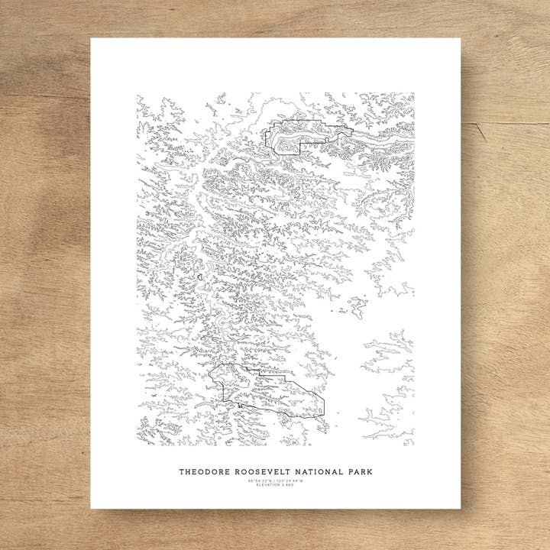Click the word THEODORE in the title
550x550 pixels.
click(x=201, y=472)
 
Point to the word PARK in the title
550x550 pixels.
click(x=358, y=472)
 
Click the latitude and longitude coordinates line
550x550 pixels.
click(x=275, y=480)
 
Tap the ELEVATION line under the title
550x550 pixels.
click(x=275, y=485)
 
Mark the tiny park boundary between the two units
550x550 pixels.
click(x=199, y=277)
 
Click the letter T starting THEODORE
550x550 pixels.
click(x=182, y=472)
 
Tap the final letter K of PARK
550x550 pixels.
click(x=368, y=472)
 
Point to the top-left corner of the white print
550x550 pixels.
click(x=92, y=39)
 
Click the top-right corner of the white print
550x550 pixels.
click(x=461, y=39)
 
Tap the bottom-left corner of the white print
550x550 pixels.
click(x=92, y=508)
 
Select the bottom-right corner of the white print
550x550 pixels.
click(x=461, y=508)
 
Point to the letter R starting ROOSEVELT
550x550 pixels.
click(x=234, y=472)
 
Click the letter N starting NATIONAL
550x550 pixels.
click(x=296, y=472)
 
